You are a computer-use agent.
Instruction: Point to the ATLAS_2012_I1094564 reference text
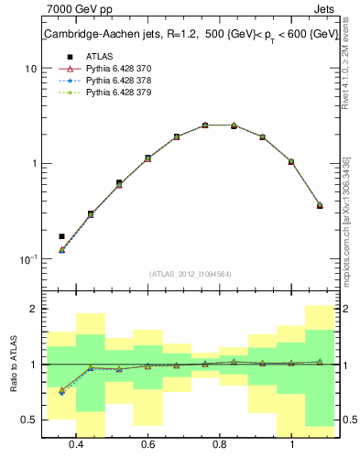tap(191, 273)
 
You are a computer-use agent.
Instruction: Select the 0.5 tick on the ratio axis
tap(30, 420)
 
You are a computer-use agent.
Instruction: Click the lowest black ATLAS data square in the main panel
tap(61, 236)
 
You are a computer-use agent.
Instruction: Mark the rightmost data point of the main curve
tap(320, 205)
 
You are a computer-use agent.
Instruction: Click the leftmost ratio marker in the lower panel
tap(61, 391)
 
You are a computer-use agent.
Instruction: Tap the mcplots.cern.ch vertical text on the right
tap(345, 229)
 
